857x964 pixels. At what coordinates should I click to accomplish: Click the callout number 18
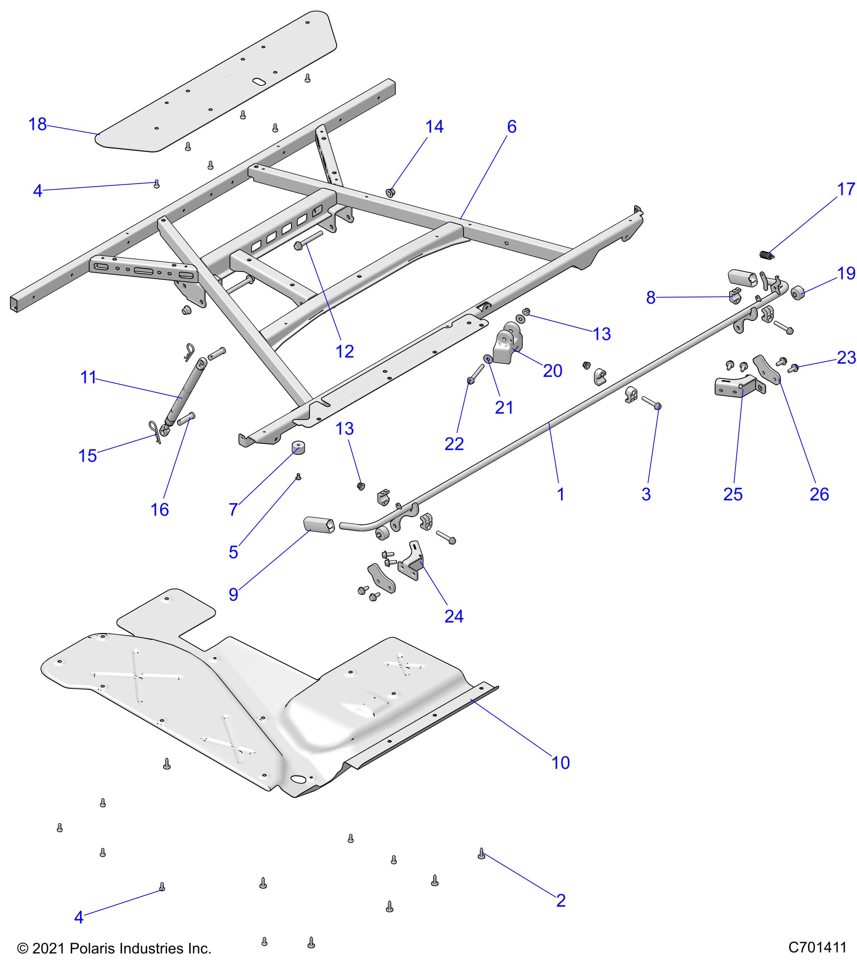[38, 125]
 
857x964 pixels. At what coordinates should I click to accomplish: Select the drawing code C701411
[817, 948]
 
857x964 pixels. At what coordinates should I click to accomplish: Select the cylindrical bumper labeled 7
[297, 447]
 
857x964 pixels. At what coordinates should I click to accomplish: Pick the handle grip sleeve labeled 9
[319, 524]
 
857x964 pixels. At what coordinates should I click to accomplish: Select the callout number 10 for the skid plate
[560, 763]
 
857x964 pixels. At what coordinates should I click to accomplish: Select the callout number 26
[819, 494]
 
